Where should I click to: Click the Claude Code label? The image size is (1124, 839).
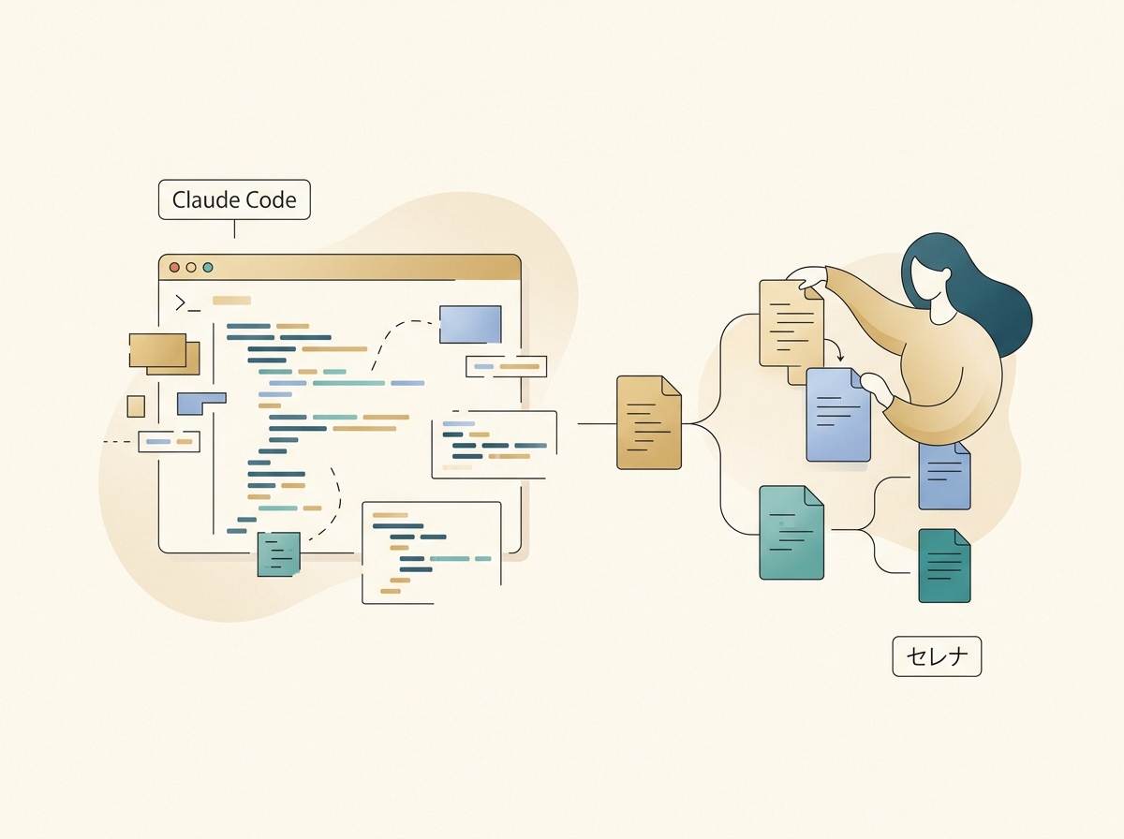click(x=234, y=199)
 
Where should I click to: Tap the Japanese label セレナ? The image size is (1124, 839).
click(x=936, y=656)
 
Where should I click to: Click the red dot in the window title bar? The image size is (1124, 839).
click(x=174, y=267)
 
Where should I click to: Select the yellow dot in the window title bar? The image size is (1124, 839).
click(x=191, y=267)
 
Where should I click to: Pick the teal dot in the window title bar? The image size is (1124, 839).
click(x=208, y=267)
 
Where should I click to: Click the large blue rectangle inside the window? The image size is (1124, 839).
click(x=470, y=324)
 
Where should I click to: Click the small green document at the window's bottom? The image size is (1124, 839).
click(x=278, y=552)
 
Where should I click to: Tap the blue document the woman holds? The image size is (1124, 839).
click(x=837, y=414)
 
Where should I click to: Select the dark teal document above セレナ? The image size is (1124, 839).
click(x=944, y=566)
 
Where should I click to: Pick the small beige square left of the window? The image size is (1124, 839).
click(x=136, y=405)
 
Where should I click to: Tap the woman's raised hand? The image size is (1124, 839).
click(x=811, y=278)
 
